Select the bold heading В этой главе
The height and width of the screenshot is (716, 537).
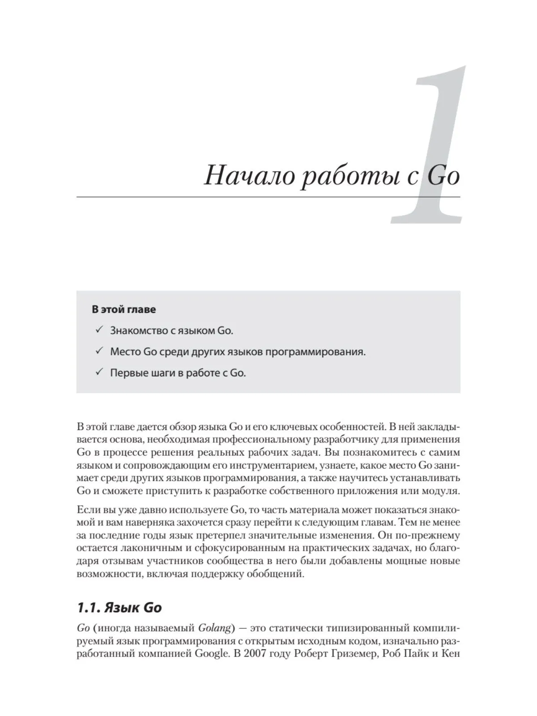124,309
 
